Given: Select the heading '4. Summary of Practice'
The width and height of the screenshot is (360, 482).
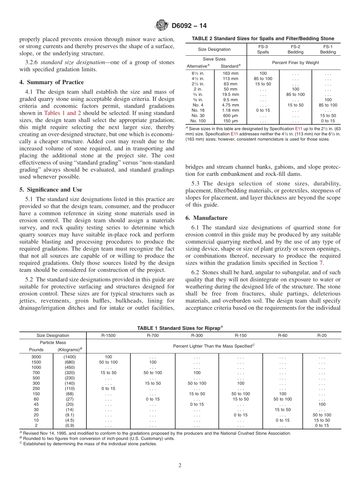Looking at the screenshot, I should pos(52,82).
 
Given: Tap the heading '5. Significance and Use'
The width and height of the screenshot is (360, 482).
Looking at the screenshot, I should pos(51,189).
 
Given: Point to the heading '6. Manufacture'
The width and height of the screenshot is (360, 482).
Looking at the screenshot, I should pos(207,218).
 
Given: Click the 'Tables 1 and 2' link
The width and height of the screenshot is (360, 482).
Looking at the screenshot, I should pos(63,113).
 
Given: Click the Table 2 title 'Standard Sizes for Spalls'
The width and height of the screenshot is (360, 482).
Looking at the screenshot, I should pos(263,39).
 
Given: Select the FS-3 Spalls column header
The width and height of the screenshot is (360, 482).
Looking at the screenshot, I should pos(263,49).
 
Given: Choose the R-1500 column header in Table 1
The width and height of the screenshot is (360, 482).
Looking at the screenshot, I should pos(108,335).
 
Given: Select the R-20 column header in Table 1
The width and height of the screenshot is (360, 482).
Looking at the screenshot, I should pos(322,335).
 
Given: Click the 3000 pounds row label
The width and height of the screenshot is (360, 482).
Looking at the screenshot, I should pos(36,357).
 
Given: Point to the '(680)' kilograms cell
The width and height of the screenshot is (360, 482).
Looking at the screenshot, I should pos(70,362).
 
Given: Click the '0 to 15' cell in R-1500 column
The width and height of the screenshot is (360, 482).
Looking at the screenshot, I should pos(108,388).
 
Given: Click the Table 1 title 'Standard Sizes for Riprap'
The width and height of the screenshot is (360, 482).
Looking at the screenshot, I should pos(180,328).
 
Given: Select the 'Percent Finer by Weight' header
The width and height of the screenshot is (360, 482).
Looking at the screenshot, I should pos(294,63).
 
